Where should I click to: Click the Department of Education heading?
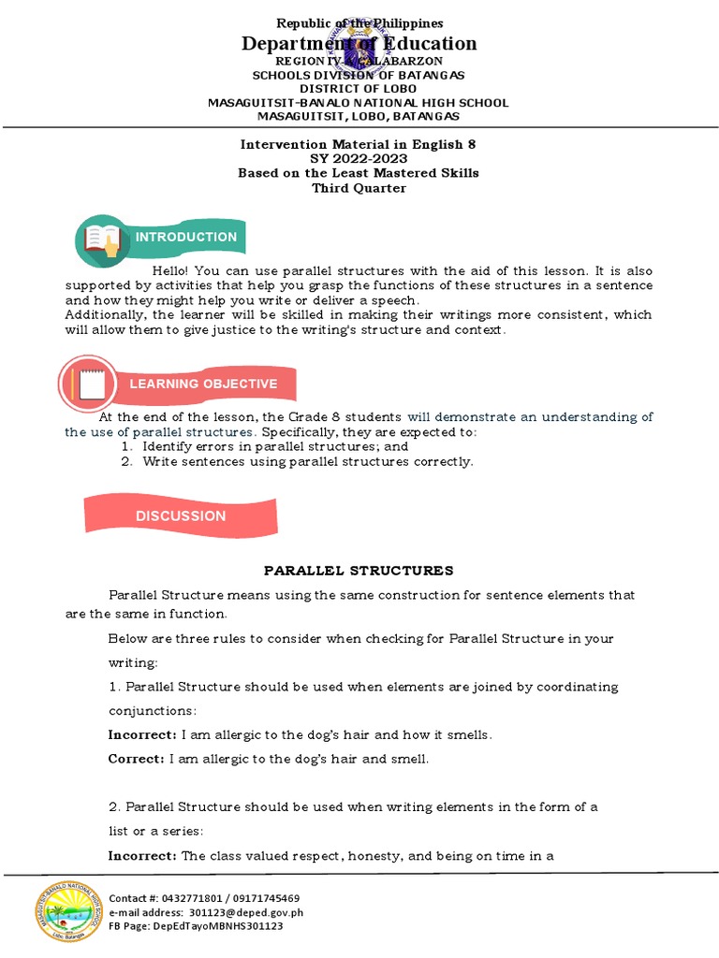[x=359, y=43]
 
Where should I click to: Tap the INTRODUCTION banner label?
[x=186, y=237]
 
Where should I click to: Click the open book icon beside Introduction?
[x=103, y=239]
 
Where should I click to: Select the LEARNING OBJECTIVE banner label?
[x=203, y=384]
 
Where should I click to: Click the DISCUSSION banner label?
[x=181, y=515]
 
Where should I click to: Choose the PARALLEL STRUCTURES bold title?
[x=359, y=570]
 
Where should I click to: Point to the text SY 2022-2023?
[x=359, y=158]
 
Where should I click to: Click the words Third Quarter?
[x=359, y=187]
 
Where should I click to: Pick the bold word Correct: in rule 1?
[x=137, y=759]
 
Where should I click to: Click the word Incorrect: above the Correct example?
[x=142, y=735]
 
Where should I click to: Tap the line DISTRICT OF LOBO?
[x=359, y=89]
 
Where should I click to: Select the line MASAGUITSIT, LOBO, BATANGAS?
[x=359, y=116]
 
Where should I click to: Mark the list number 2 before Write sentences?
[x=126, y=461]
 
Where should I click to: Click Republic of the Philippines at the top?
[x=359, y=22]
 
